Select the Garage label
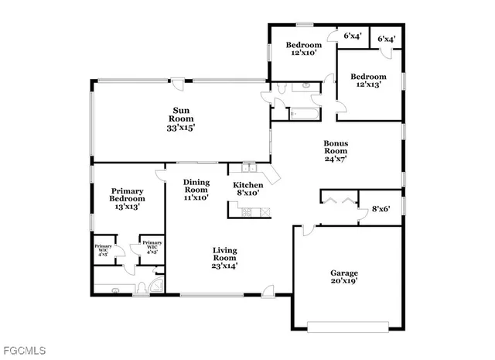point(345,273)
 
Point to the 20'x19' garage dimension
point(345,282)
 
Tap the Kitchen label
point(248,185)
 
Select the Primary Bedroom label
point(128,194)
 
